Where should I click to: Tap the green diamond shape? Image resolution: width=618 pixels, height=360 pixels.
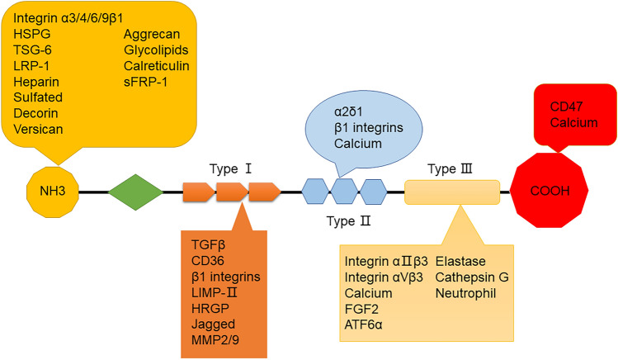(x=136, y=192)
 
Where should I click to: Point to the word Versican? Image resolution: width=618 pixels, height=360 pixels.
(x=38, y=129)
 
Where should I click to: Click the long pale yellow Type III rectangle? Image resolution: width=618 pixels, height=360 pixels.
(x=452, y=192)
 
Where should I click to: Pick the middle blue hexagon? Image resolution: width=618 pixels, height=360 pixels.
(x=344, y=192)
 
